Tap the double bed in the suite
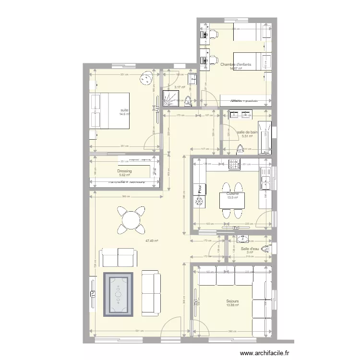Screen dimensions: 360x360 tap(110, 111)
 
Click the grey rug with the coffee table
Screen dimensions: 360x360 tap(118, 293)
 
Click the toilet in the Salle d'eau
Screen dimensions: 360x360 tap(270, 248)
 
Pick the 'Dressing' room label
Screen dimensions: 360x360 tap(124, 171)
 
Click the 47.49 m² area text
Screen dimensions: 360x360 tap(152, 241)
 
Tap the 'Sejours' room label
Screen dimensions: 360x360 tap(233, 301)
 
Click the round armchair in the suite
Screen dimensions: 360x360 tap(145, 80)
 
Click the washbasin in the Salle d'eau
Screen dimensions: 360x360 tap(243, 238)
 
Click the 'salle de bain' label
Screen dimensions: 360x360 tap(247, 132)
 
